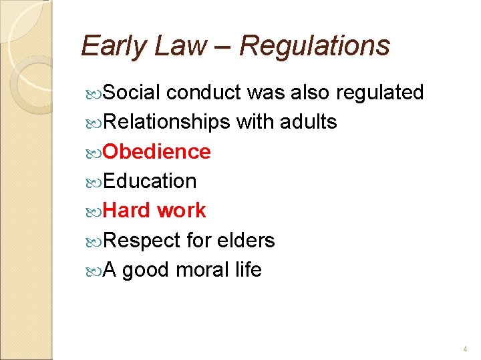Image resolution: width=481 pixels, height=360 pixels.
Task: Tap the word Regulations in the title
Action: tap(314, 46)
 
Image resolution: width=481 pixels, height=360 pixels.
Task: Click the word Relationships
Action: tap(167, 122)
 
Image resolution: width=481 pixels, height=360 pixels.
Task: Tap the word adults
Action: tap(310, 122)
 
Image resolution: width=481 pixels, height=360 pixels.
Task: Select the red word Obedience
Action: tap(157, 152)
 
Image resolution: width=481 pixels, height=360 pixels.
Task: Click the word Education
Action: tap(150, 181)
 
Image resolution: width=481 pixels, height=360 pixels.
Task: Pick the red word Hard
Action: tap(127, 211)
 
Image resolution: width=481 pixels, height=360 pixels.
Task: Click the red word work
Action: tap(181, 211)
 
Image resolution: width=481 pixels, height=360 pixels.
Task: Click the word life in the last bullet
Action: tap(247, 270)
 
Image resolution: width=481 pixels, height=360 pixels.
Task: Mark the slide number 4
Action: tap(465, 349)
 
